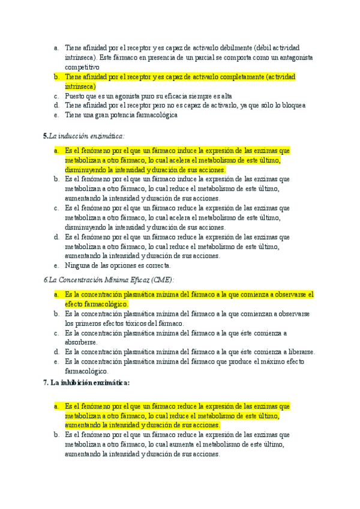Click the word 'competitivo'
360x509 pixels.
[x=82, y=67]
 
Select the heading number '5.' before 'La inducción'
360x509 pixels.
[x=46, y=136]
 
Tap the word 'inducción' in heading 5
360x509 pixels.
[x=78, y=136]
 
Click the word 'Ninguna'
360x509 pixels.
[x=78, y=265]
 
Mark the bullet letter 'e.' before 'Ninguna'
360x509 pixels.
[x=56, y=265]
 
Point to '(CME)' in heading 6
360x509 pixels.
[x=161, y=280]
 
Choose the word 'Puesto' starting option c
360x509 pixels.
[x=75, y=96]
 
